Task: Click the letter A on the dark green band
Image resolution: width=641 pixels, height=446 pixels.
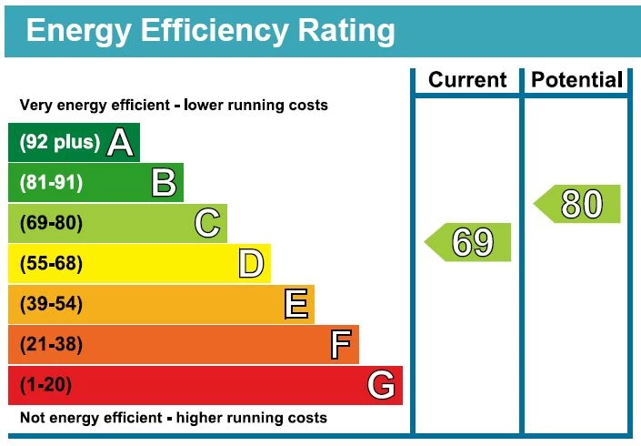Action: click(120, 142)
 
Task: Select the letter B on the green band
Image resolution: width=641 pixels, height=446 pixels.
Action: click(164, 183)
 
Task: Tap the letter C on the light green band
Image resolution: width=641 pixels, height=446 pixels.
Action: click(207, 223)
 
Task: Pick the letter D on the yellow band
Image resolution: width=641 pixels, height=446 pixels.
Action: click(251, 264)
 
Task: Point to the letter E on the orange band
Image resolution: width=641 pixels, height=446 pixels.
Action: click(295, 304)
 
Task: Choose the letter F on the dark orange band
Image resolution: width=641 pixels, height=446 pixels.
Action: click(340, 345)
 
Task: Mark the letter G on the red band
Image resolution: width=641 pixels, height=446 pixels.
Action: click(382, 386)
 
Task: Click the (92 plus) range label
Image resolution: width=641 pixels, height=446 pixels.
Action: click(59, 143)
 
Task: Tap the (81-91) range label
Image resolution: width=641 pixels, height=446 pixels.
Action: click(51, 183)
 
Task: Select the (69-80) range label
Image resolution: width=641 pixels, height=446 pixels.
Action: click(51, 223)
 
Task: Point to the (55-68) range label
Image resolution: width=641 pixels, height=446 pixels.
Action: click(51, 264)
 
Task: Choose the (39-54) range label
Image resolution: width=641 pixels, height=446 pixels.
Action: click(51, 304)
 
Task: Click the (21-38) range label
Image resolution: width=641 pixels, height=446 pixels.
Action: click(51, 345)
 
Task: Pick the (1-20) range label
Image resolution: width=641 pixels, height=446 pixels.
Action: click(45, 385)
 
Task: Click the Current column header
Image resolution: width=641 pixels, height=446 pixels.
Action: click(467, 80)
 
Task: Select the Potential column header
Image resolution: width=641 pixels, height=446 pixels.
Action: click(577, 80)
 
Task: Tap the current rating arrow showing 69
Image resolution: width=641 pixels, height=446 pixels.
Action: click(468, 242)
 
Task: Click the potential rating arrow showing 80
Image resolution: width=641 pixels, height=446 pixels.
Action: click(577, 204)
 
